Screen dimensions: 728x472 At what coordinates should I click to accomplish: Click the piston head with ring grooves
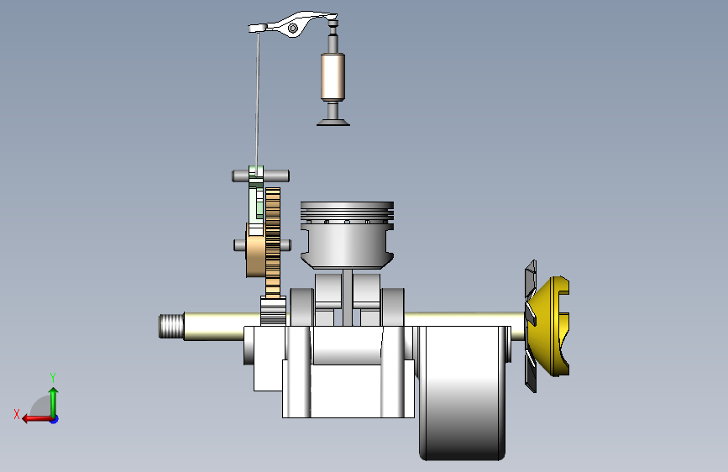(347, 234)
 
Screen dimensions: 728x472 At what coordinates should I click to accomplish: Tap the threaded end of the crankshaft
(171, 326)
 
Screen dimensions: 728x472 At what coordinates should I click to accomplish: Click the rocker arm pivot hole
(293, 29)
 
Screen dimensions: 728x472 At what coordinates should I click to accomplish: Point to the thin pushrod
(257, 100)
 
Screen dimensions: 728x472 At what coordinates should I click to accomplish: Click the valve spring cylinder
(333, 76)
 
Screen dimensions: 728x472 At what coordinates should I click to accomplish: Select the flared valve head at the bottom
(333, 122)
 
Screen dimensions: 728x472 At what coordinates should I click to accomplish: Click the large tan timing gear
(273, 242)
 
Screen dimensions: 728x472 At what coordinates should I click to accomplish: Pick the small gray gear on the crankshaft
(273, 312)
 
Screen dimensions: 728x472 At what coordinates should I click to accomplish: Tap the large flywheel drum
(462, 392)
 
